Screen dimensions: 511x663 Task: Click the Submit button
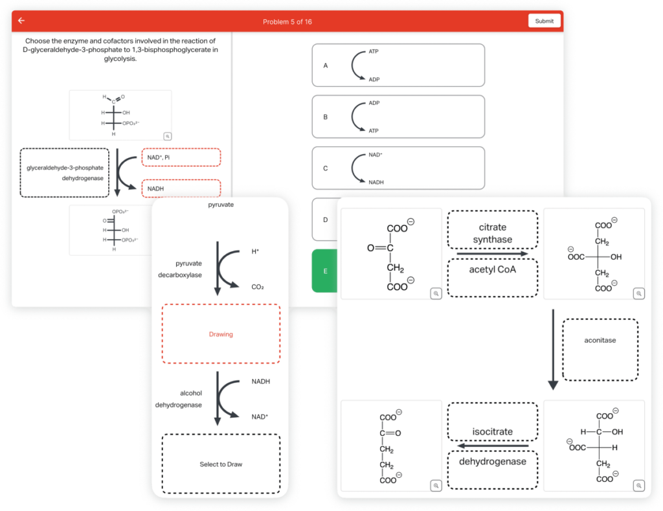pyautogui.click(x=544, y=21)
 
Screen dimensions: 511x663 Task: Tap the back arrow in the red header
pyautogui.click(x=21, y=21)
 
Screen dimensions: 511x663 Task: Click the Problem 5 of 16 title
pyautogui.click(x=287, y=21)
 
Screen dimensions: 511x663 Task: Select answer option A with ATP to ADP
pyautogui.click(x=398, y=65)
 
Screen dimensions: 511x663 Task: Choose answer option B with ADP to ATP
pyautogui.click(x=398, y=117)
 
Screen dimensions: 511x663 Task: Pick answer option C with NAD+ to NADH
pyautogui.click(x=398, y=168)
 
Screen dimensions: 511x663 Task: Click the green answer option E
pyautogui.click(x=325, y=271)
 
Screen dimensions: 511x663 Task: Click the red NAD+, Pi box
pyautogui.click(x=181, y=157)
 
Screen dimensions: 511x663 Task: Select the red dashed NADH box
pyautogui.click(x=181, y=188)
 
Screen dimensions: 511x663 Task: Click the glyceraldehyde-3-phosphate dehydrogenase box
pyautogui.click(x=65, y=172)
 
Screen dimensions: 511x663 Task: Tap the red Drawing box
pyautogui.click(x=221, y=334)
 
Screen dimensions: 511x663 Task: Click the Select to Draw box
pyautogui.click(x=221, y=464)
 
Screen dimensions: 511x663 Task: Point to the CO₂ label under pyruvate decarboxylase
pyautogui.click(x=258, y=286)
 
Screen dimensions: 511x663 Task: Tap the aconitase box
pyautogui.click(x=600, y=349)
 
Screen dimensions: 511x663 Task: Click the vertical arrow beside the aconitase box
pyautogui.click(x=552, y=349)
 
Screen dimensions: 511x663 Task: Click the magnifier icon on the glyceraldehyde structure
pyautogui.click(x=167, y=136)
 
